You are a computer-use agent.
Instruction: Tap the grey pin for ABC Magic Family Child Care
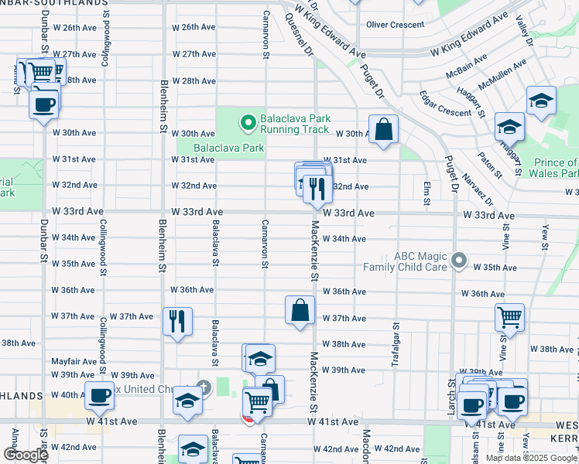pos(459,261)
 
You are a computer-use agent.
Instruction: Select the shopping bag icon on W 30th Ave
pos(383,129)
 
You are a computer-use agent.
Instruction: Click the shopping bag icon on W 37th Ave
pos(300,310)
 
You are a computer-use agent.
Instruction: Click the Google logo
pos(26,455)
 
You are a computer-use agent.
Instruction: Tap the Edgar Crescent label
pos(445,113)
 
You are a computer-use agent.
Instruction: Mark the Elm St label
pos(427,193)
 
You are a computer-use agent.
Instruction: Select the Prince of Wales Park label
pos(556,168)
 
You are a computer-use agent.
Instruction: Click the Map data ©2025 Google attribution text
pos(530,458)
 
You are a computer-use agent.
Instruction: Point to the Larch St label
pos(451,394)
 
